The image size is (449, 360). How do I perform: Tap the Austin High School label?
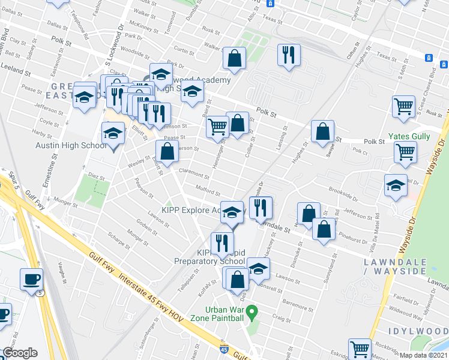tap(71, 146)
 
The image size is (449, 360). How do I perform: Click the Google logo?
tap(20, 353)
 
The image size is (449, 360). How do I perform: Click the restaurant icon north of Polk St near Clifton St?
tap(289, 56)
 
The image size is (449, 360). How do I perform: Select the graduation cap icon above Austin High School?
tap(112, 133)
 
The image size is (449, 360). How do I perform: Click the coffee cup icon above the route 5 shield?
tap(31, 278)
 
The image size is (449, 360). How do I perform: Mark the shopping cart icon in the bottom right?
tap(360, 349)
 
